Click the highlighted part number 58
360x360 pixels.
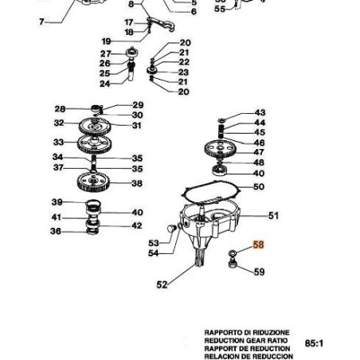click(258, 246)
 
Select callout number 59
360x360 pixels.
click(259, 272)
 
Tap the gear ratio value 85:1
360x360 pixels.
click(315, 343)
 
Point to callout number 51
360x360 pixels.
click(273, 215)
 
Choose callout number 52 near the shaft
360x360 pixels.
click(162, 284)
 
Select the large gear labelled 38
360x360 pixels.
click(99, 184)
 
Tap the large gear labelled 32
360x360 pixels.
click(96, 125)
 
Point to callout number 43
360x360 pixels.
click(260, 114)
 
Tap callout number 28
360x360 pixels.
click(60, 109)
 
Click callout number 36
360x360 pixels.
click(56, 231)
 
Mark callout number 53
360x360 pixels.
click(154, 243)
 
